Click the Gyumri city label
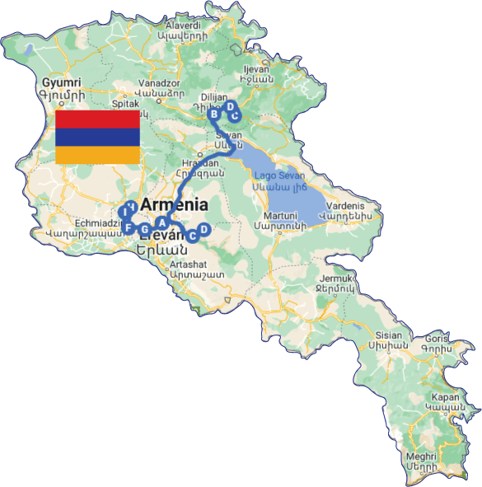[63, 83]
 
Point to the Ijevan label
[255, 70]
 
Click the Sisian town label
[387, 335]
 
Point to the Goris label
[438, 339]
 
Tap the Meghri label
[420, 454]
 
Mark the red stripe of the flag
[96, 119]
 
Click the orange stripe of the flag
[96, 155]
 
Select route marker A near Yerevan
[162, 222]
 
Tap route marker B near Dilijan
[214, 114]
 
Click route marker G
[145, 229]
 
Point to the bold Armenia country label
[174, 205]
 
